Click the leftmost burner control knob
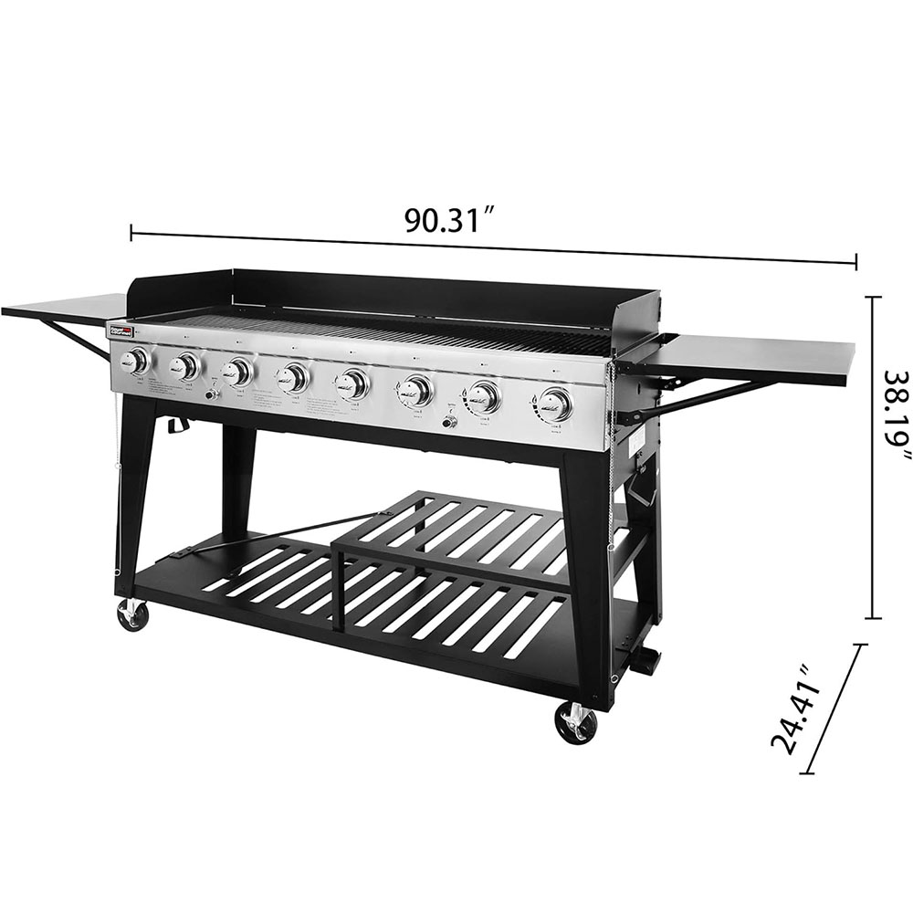click(x=137, y=362)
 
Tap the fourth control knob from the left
click(x=294, y=377)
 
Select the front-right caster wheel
click(x=576, y=723)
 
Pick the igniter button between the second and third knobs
click(x=212, y=394)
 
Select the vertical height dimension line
click(x=875, y=456)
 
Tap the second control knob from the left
click(x=185, y=367)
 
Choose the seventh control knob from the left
click(x=484, y=396)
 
